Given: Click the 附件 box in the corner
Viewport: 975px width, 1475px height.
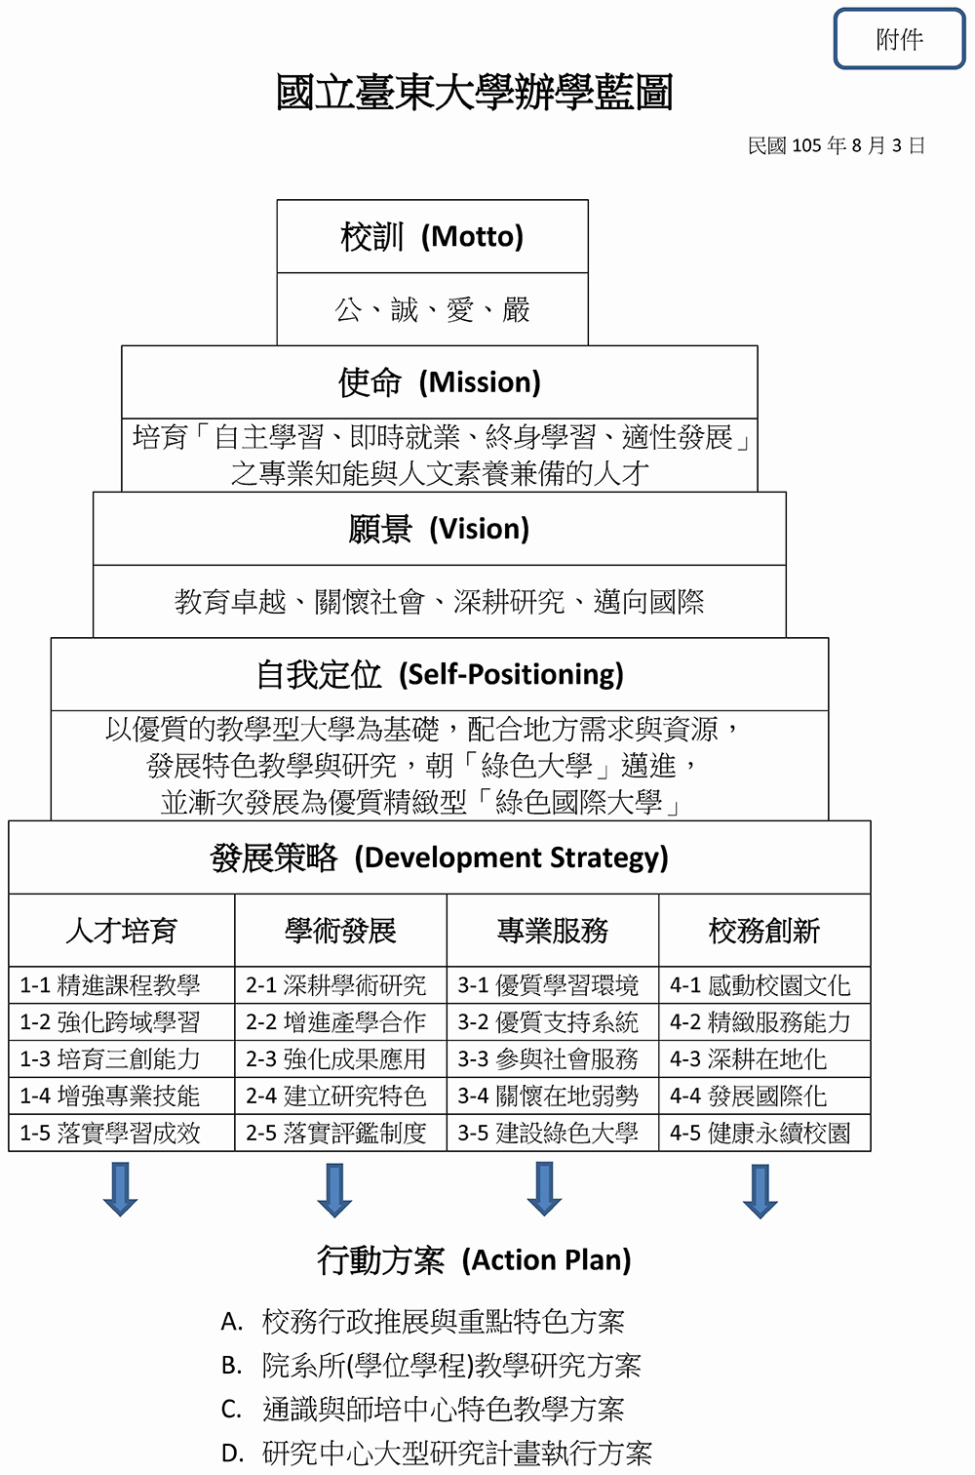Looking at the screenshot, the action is tap(899, 38).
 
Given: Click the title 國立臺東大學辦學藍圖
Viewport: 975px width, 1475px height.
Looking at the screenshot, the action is tap(474, 92).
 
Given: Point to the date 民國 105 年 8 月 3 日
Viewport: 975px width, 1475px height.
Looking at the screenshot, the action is tap(837, 145).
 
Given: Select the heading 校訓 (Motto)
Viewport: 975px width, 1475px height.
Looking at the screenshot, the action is tap(432, 236).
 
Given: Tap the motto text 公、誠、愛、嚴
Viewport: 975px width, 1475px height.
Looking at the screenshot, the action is tap(432, 309).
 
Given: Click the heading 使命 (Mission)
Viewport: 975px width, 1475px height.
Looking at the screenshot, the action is tap(439, 382).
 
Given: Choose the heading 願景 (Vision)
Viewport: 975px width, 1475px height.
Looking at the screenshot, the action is tap(439, 529).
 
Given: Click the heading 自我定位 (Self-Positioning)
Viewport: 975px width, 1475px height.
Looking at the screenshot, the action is tap(439, 674).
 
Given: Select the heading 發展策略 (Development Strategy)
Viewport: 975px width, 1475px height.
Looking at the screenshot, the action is tap(439, 857).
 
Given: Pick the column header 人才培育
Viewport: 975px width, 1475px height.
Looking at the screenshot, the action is tap(122, 931).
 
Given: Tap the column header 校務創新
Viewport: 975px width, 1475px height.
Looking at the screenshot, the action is tap(764, 931).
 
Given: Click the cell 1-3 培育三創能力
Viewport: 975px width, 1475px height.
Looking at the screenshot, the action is tap(110, 1058).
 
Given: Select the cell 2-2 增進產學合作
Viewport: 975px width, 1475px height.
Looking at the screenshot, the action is tap(335, 1022).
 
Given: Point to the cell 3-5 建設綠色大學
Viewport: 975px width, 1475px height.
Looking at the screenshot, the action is tap(548, 1133).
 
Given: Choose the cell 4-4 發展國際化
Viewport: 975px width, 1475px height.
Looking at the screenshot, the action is tap(748, 1096).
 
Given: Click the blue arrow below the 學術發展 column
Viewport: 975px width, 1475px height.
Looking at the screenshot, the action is tap(334, 1190).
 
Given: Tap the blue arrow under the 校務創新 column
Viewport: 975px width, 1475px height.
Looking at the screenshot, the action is tap(760, 1192).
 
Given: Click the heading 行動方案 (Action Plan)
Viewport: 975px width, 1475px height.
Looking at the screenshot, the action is tap(474, 1259).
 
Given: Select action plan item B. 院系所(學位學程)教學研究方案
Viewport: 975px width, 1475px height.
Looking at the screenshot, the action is tap(431, 1365).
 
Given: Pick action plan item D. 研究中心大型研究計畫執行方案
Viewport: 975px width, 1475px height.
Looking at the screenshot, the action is tap(437, 1453).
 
